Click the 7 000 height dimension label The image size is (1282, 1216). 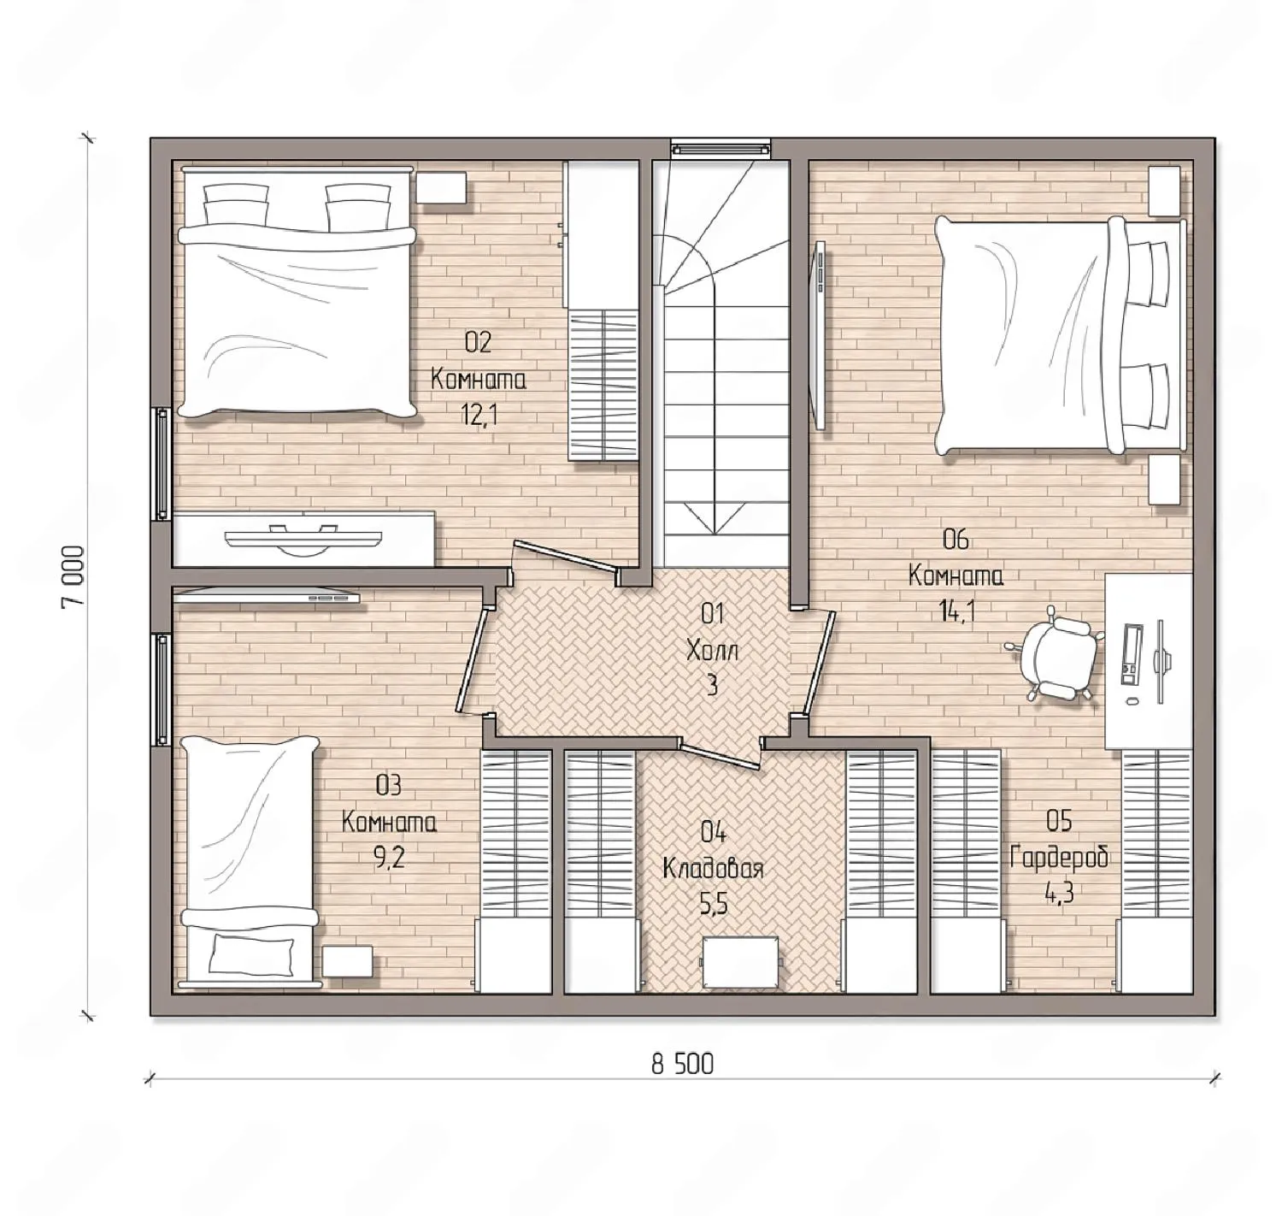coord(73,576)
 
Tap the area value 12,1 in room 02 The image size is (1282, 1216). coord(479,414)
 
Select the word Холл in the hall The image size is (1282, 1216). coord(712,650)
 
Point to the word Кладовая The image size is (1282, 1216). coord(713,870)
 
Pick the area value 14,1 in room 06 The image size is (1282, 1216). coord(956,611)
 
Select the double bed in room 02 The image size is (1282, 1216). coord(297,292)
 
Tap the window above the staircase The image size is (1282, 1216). coord(720,149)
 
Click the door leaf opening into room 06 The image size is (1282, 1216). coord(819,663)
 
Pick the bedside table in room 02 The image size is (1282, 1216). coord(442,188)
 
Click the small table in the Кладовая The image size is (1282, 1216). coord(739,962)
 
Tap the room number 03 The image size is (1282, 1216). coord(389,786)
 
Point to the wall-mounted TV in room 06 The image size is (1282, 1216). coord(819,334)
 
